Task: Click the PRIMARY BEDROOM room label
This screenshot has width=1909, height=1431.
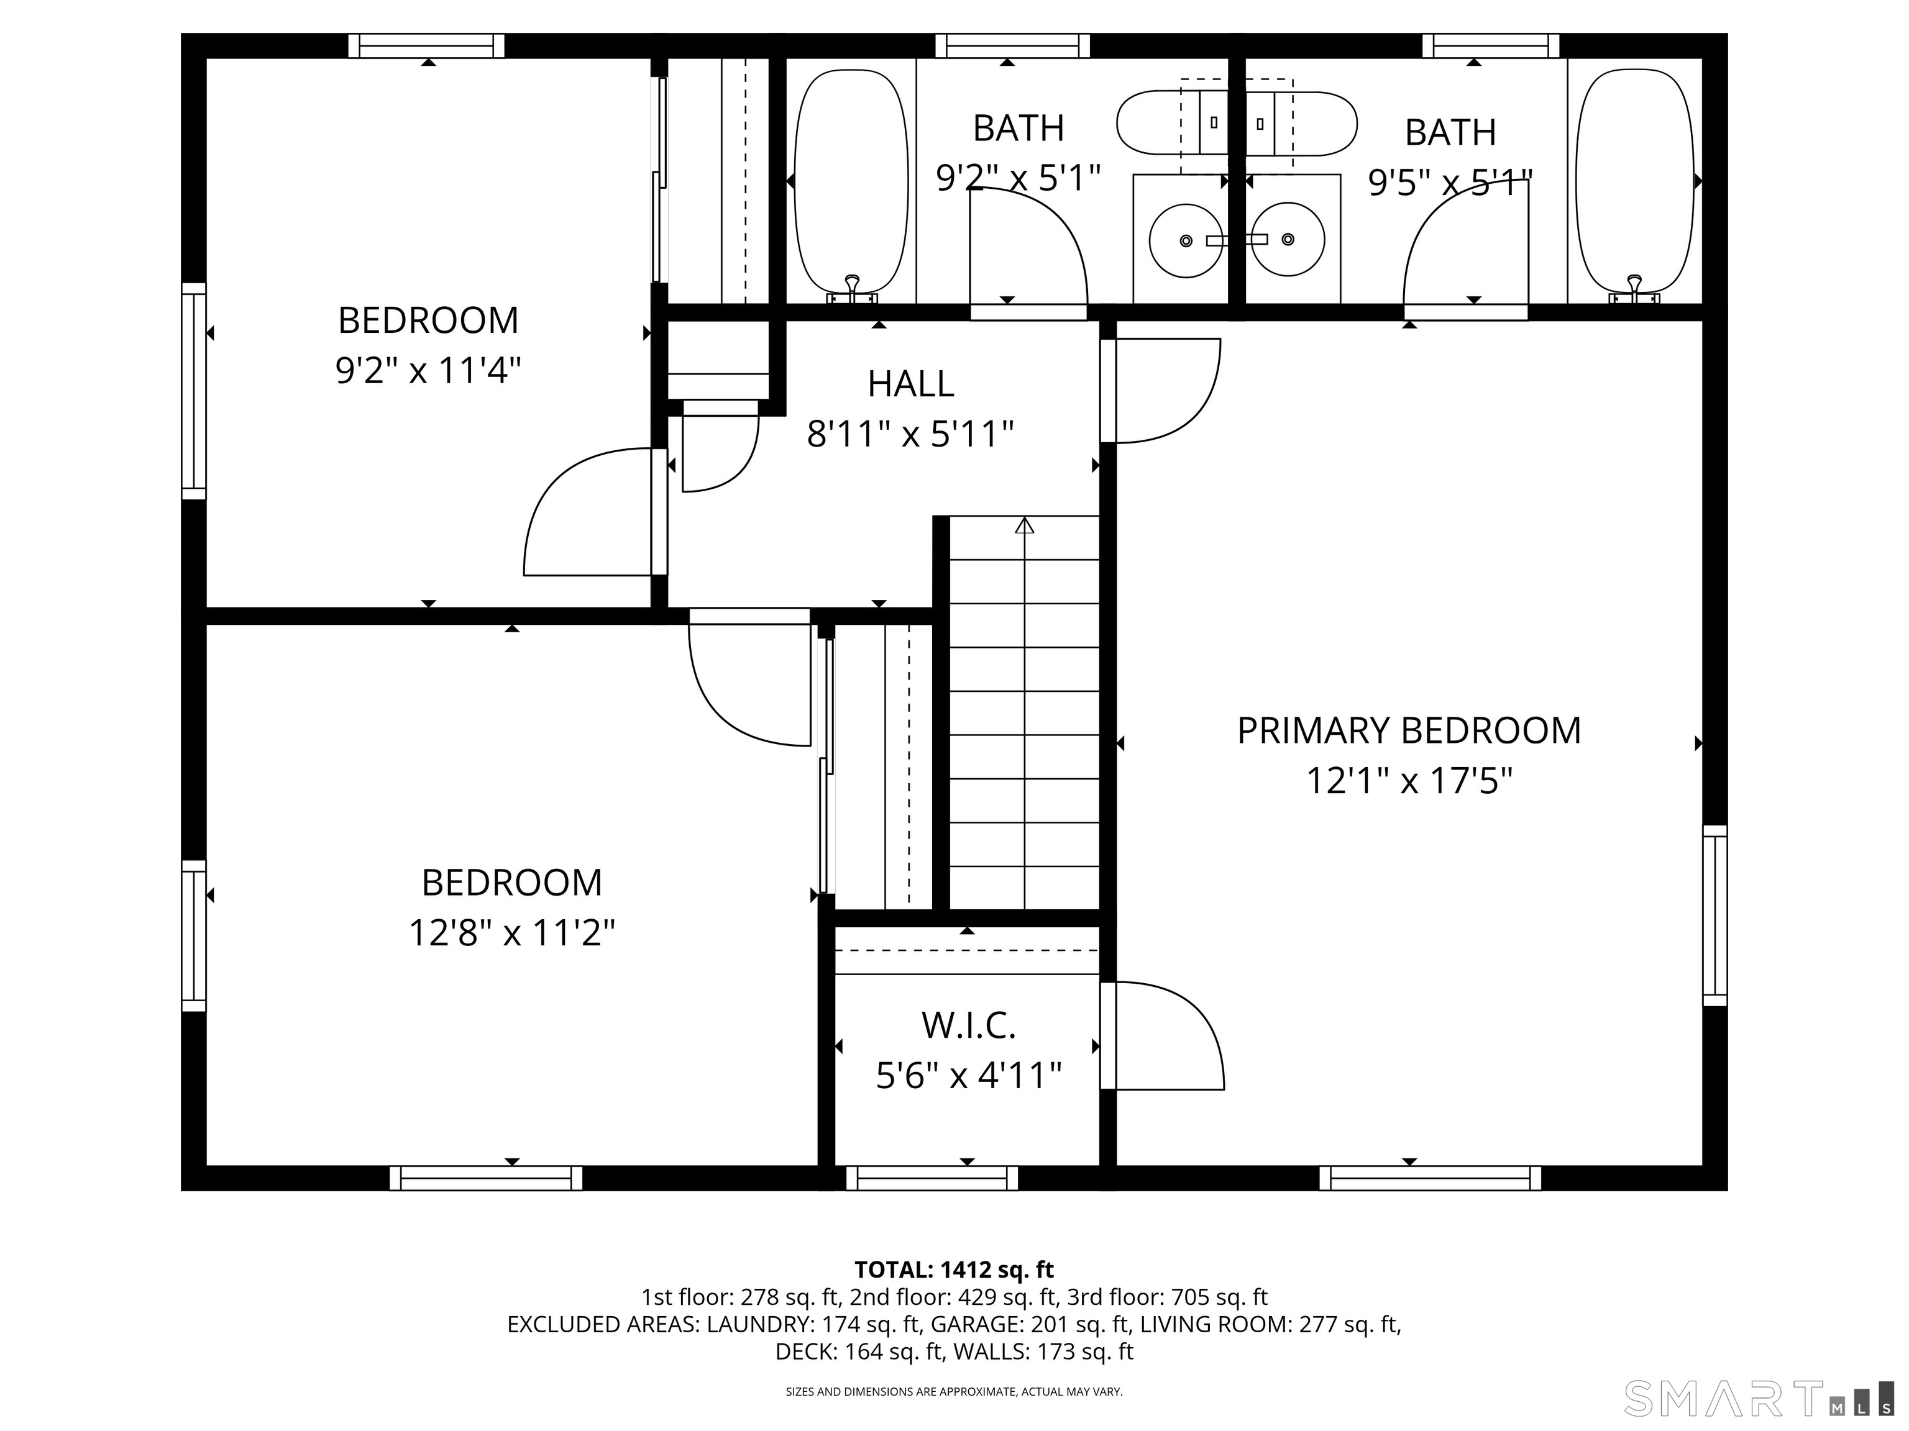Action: click(1409, 730)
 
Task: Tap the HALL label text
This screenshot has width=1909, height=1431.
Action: click(910, 384)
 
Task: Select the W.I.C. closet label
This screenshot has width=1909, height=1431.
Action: click(968, 1025)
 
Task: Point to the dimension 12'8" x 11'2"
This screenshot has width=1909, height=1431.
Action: click(512, 932)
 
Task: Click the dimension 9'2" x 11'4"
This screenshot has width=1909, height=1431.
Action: click(428, 371)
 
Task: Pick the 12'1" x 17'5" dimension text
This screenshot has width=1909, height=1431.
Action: click(1409, 781)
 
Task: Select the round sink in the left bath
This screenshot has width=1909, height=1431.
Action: click(1186, 240)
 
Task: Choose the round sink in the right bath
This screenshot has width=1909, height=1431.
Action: click(1288, 239)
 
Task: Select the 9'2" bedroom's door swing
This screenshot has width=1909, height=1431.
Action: click(587, 512)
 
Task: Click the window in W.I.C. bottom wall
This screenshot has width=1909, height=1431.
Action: click(932, 1178)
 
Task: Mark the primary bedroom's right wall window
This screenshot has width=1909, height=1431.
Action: click(1715, 916)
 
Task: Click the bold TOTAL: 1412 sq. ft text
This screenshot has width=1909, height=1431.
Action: click(954, 1270)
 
